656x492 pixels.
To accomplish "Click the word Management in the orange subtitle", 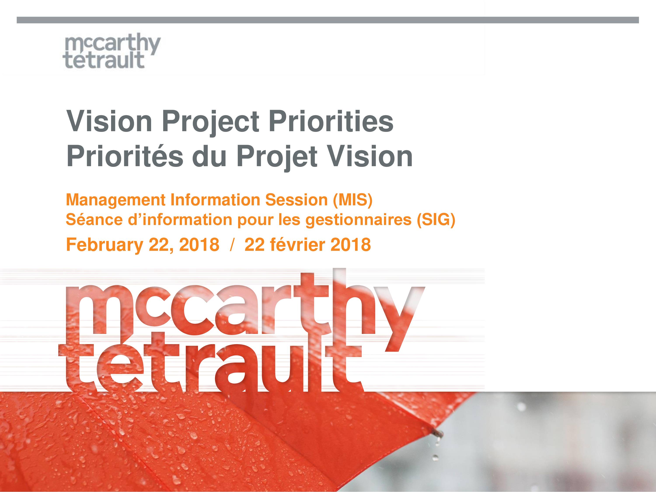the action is (116, 201).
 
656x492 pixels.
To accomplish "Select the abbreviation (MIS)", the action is (352, 201).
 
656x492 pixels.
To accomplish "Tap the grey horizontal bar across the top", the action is (328, 20).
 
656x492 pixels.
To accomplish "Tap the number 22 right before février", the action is (254, 245).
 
